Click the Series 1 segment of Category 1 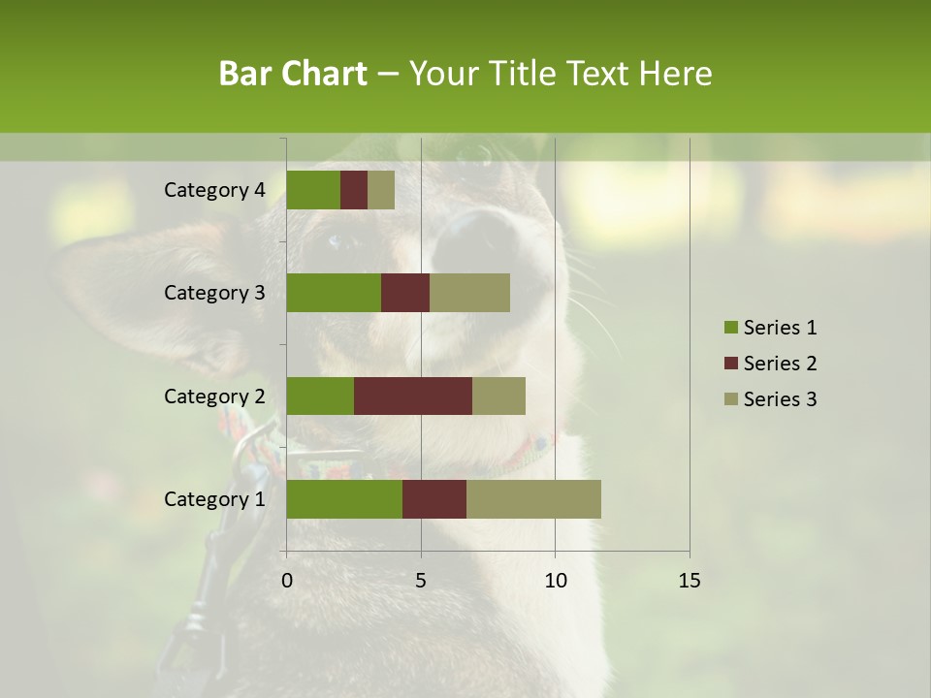344,499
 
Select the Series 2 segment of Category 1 434,499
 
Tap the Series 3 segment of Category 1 533,499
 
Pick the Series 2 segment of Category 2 413,396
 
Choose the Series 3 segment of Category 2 498,396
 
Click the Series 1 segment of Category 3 334,293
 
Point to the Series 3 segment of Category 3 469,293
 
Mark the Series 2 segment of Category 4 354,190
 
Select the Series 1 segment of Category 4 313,190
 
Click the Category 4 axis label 214,190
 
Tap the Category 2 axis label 214,396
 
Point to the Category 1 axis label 214,499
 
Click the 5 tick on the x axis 421,581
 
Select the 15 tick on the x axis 689,581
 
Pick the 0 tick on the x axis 287,581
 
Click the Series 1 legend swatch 730,328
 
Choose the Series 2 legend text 780,364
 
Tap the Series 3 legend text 780,399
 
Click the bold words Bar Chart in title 293,74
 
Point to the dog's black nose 480,238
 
